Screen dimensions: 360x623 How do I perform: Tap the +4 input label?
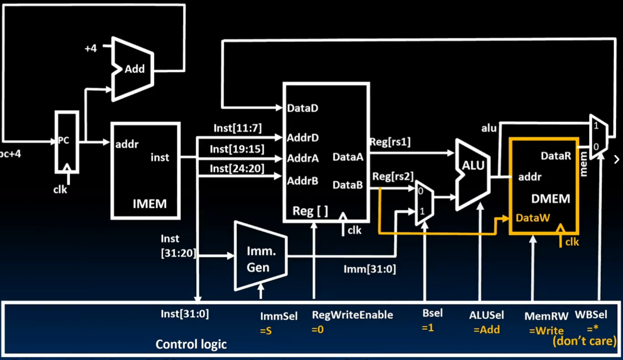pyautogui.click(x=90, y=48)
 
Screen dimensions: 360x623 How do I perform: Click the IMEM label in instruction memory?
pyautogui.click(x=150, y=204)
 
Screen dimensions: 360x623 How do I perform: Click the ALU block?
pyautogui.click(x=473, y=173)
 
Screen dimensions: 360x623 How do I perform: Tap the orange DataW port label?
pyautogui.click(x=533, y=217)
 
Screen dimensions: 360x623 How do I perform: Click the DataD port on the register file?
pyautogui.click(x=302, y=108)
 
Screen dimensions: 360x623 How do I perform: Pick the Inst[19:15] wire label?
pyautogui.click(x=237, y=149)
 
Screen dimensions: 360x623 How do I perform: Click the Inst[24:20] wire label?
pyautogui.click(x=237, y=168)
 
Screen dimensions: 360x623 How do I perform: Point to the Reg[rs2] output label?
pyautogui.click(x=393, y=176)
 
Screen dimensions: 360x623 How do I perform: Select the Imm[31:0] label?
pyautogui.click(x=369, y=269)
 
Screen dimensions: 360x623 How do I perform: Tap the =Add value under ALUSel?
pyautogui.click(x=487, y=329)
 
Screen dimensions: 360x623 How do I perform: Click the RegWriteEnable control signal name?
pyautogui.click(x=352, y=314)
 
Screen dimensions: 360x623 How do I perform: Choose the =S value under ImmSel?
pyautogui.click(x=266, y=331)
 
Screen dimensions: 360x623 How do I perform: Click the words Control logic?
pyautogui.click(x=191, y=344)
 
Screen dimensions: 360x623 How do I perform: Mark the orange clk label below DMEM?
pyautogui.click(x=572, y=242)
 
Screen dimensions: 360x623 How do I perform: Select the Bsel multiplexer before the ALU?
pyautogui.click(x=424, y=203)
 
